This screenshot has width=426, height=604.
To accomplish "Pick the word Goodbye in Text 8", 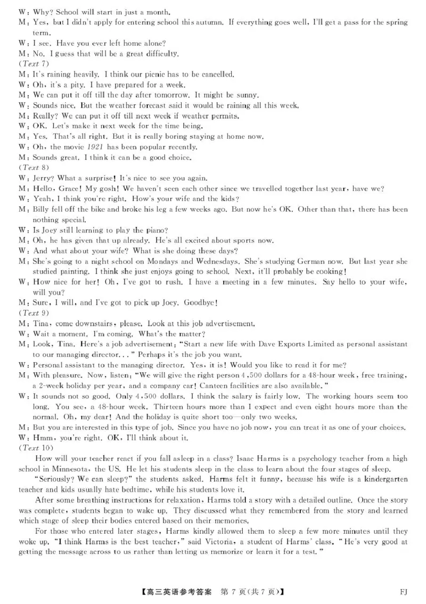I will point(200,303).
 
